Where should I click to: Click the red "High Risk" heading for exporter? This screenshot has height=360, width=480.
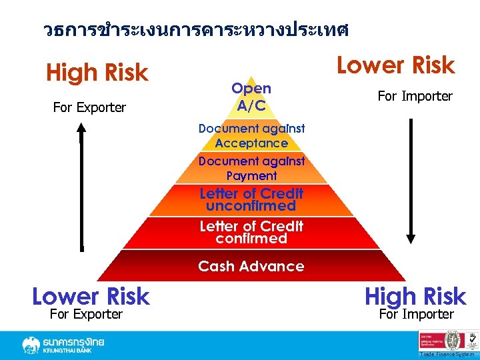(97, 73)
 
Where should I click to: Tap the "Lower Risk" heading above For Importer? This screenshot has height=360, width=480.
(395, 65)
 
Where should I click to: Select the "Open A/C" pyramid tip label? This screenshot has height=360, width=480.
(251, 97)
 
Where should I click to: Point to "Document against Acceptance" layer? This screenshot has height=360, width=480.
(251, 135)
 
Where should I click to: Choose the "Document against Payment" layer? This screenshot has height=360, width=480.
(251, 168)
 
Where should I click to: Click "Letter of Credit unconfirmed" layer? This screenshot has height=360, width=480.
(251, 199)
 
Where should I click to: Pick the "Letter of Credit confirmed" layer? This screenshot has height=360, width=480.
(251, 232)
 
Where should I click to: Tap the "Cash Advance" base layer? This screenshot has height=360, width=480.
(251, 266)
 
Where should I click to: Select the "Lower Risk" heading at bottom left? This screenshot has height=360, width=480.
(91, 296)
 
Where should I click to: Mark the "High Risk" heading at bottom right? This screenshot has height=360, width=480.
(415, 296)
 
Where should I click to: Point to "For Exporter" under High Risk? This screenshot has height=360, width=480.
(89, 107)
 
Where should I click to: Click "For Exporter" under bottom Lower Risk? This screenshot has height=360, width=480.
(86, 314)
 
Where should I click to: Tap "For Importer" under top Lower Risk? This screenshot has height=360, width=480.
(415, 96)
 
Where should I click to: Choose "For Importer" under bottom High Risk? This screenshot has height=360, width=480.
(416, 314)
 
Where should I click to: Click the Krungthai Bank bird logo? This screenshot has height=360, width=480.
(31, 345)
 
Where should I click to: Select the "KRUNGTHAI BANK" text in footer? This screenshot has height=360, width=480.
(74, 351)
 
